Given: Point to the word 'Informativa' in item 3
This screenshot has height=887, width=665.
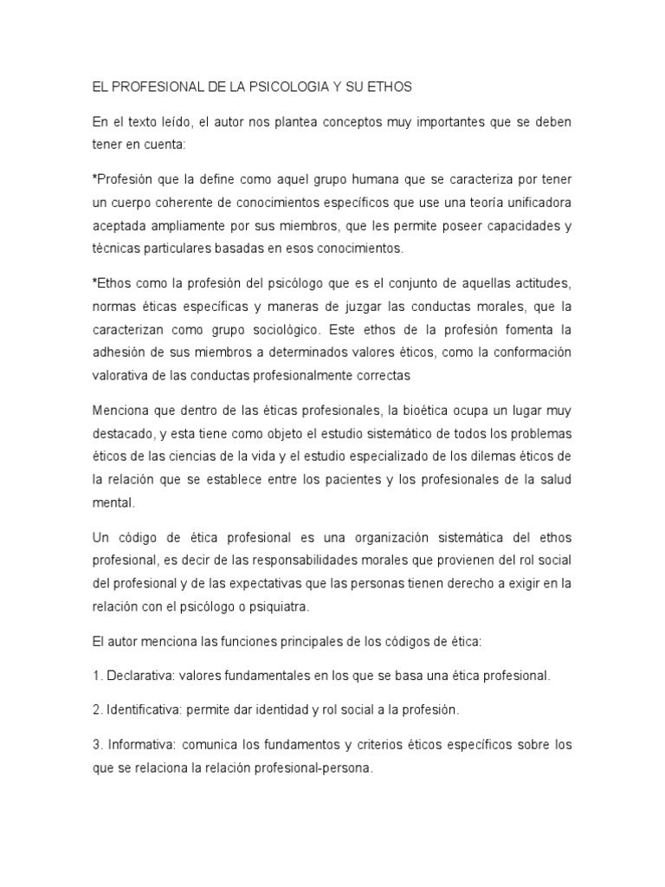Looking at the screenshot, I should [x=143, y=744].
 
